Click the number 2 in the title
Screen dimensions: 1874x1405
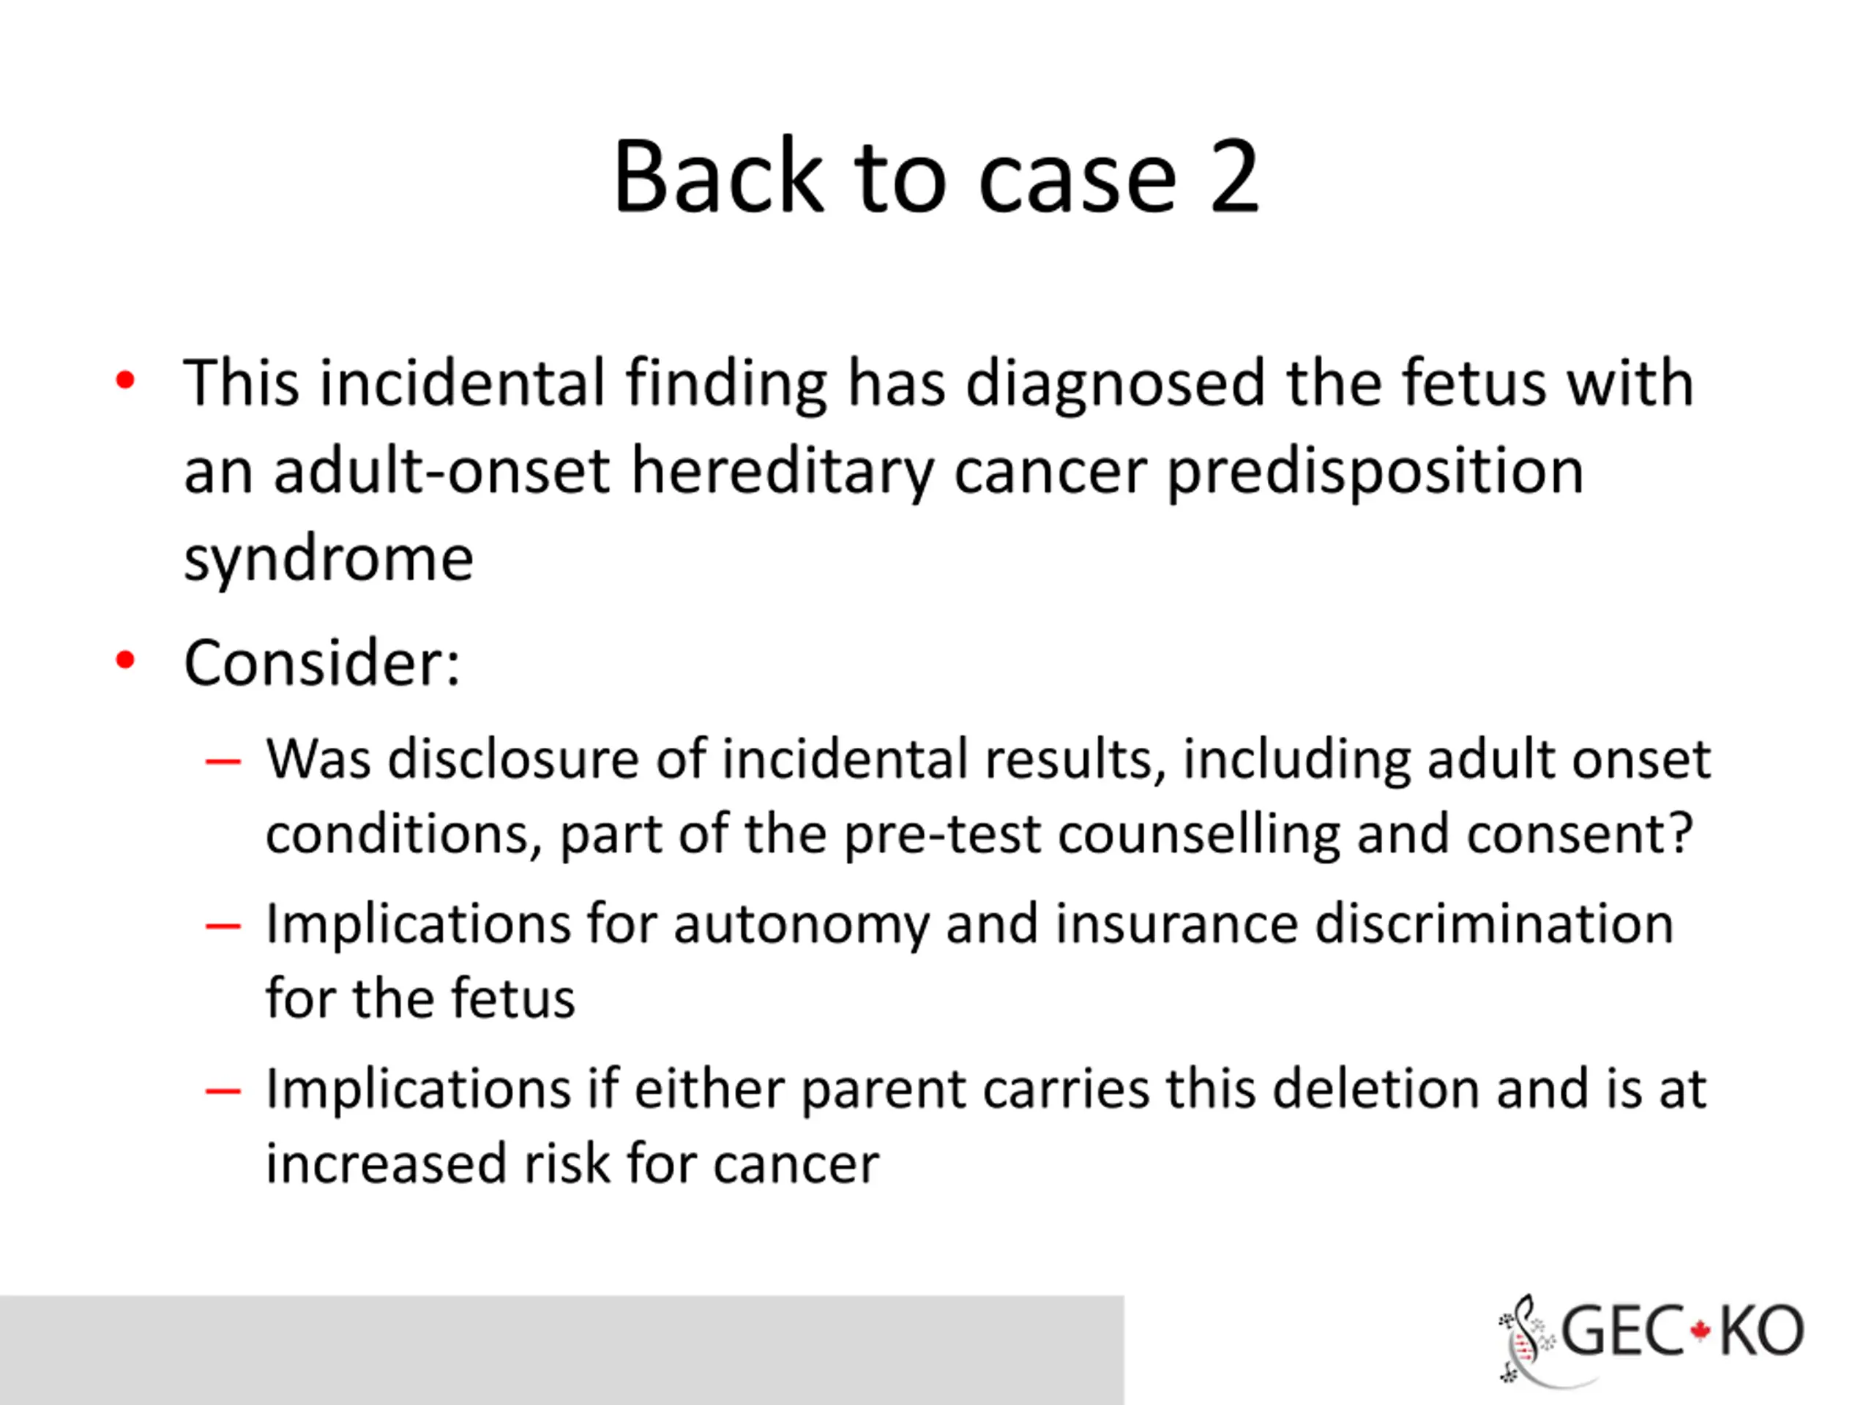coord(1233,176)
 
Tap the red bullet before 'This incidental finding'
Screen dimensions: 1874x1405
coord(125,381)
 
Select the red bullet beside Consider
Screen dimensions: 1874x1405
coord(125,660)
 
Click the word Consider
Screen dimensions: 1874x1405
coord(322,662)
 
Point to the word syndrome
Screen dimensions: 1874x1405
coord(329,560)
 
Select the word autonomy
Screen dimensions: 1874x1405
coord(801,926)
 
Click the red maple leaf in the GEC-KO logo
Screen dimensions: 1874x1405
coord(1700,1331)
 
